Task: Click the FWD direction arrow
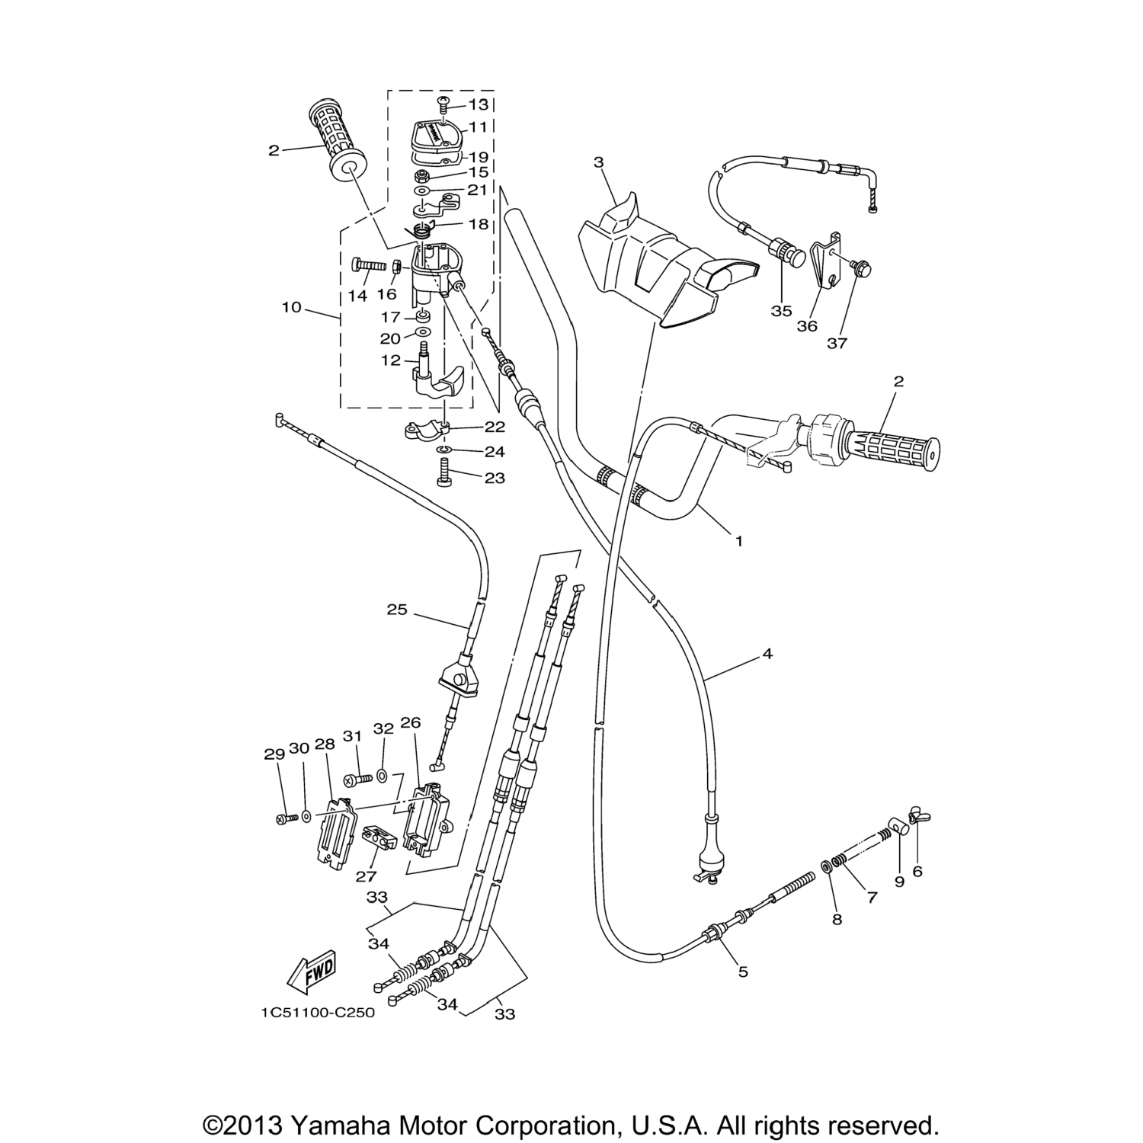click(312, 972)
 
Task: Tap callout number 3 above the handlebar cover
click(598, 162)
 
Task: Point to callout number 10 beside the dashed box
click(291, 308)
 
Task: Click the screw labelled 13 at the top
click(443, 101)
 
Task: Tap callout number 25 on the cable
click(397, 610)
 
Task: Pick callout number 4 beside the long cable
click(767, 654)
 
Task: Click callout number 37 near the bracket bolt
click(837, 343)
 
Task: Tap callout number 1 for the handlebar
click(738, 541)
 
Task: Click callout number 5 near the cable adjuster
click(743, 972)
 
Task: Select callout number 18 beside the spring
click(479, 225)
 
